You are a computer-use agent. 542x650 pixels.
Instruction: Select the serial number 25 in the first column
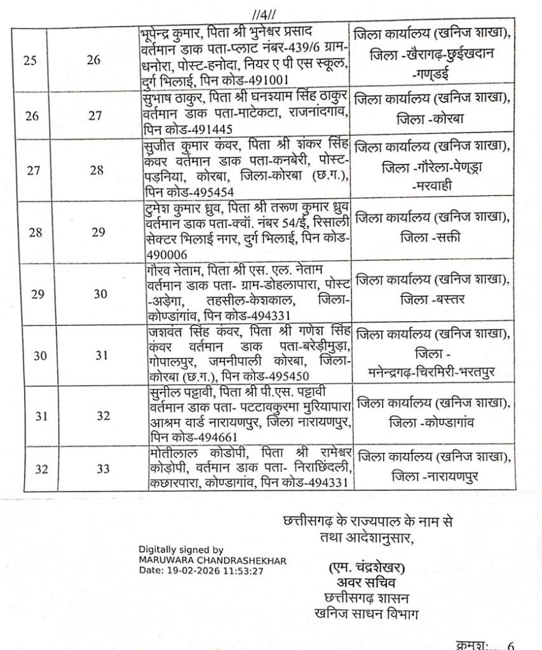point(29,60)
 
